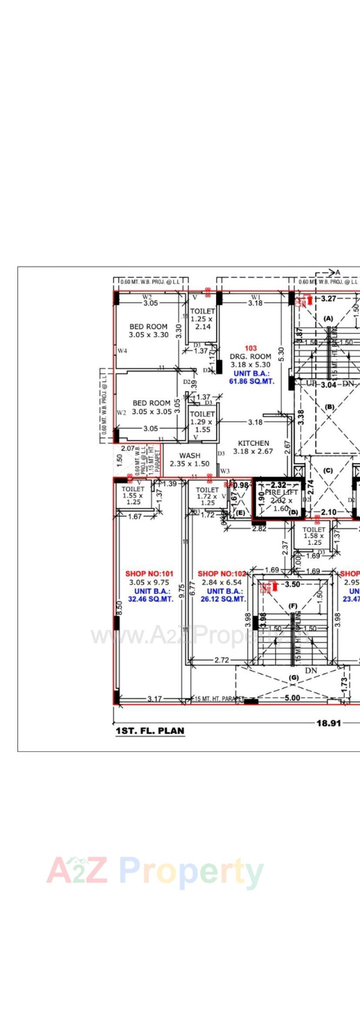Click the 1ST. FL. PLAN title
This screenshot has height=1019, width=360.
pos(149,730)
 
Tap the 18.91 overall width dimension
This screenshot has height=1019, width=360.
pos(328,723)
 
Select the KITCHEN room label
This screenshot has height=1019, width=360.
pos(253,443)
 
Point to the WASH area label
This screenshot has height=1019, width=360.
pos(190,455)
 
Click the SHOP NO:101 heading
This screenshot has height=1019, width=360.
pos(149,574)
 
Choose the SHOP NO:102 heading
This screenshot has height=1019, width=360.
pos(221,574)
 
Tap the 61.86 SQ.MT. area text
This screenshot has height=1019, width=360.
pos(252,381)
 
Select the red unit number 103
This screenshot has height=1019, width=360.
pos(251,348)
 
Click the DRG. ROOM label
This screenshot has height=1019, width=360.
pos(251,356)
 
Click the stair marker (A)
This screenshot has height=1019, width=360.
pos(328,319)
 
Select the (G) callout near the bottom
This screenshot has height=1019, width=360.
pos(294,678)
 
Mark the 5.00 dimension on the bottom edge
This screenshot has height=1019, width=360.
pos(292,698)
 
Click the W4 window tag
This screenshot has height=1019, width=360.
pos(122,350)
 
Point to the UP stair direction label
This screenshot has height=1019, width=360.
pos(311,384)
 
